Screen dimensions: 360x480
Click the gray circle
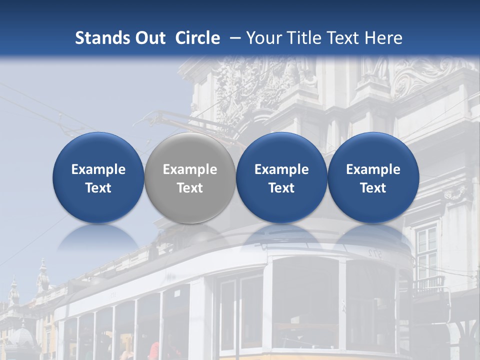pos(190,178)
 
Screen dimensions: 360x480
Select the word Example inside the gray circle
pos(190,169)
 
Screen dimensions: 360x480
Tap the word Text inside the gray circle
pos(190,188)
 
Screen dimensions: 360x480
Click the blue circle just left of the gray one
pos(98,178)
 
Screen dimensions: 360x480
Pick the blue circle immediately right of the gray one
pos(281,178)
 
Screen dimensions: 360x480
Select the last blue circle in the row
pos(373,178)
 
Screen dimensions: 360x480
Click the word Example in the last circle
pos(373,169)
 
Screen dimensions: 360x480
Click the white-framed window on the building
pos(426,247)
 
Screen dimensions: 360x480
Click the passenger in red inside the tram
pos(154,351)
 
